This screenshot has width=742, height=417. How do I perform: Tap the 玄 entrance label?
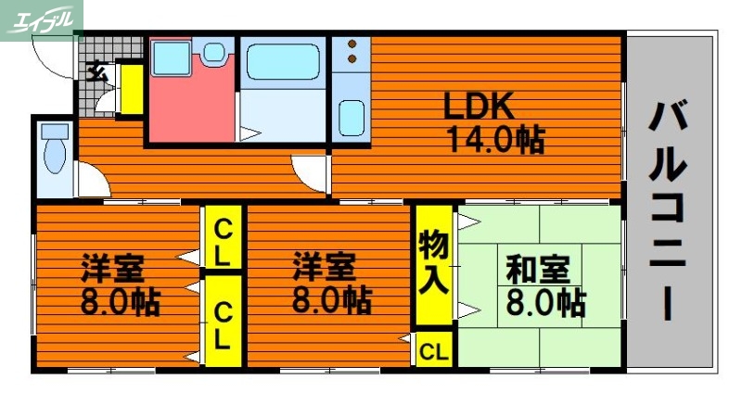tap(95, 69)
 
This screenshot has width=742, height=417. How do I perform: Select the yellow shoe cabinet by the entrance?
tap(131, 89)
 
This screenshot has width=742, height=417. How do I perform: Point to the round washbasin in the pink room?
tap(214, 53)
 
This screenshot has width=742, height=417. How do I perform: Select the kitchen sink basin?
tap(350, 119)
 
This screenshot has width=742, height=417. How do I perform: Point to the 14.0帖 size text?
tap(494, 140)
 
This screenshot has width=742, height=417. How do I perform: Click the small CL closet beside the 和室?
tap(433, 351)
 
